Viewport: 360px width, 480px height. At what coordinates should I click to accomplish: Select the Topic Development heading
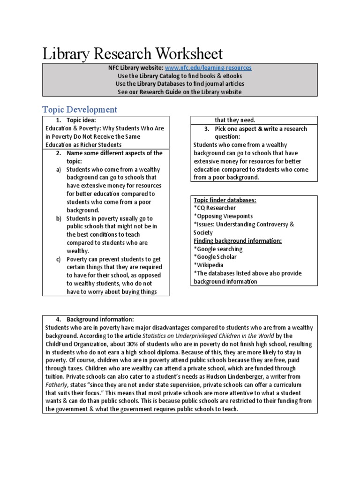[80, 110]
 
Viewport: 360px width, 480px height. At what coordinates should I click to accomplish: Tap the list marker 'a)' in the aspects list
[59, 170]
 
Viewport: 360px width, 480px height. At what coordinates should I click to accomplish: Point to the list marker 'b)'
[59, 218]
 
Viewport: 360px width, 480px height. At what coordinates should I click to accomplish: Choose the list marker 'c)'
[59, 259]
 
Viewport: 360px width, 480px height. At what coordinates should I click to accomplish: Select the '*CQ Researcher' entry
[214, 208]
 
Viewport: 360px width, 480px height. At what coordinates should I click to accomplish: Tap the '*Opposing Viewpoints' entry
[223, 216]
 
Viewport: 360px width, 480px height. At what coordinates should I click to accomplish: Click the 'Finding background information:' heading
[237, 240]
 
